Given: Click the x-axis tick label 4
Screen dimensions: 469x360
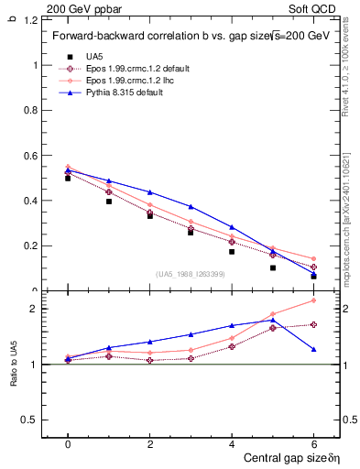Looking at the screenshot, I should pos(232,443).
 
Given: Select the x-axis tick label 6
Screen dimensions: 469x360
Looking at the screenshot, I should pos(313,443).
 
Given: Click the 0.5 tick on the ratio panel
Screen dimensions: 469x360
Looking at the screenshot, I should pos(32,420).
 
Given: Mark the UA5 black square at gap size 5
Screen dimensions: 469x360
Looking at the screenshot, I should pos(273,268).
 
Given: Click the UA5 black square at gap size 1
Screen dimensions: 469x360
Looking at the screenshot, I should pos(109,201).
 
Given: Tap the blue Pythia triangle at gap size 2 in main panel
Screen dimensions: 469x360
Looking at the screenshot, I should pos(150,192).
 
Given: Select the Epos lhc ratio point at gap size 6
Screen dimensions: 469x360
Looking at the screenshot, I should pos(313,300).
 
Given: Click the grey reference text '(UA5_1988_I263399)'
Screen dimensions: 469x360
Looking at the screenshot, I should pos(191,274).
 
